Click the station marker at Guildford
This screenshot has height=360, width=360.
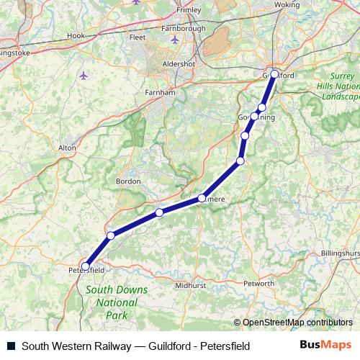pyautogui.click(x=274, y=73)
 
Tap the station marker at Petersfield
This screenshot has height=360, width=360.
pyautogui.click(x=85, y=266)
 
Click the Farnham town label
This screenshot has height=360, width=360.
pyautogui.click(x=161, y=92)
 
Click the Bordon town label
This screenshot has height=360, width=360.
pyautogui.click(x=128, y=181)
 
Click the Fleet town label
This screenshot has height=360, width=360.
pyautogui.click(x=137, y=37)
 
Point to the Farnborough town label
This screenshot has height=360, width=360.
pyautogui.click(x=183, y=29)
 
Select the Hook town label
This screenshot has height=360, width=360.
pyautogui.click(x=76, y=35)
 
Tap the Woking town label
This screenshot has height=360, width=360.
pyautogui.click(x=287, y=4)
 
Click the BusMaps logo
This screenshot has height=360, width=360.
pyautogui.click(x=326, y=346)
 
